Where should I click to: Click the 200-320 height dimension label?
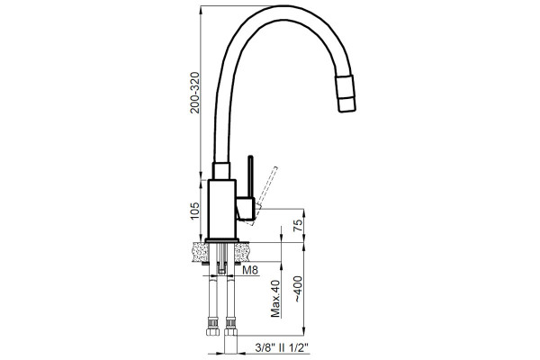pyautogui.click(x=195, y=93)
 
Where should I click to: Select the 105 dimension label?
pyautogui.click(x=195, y=211)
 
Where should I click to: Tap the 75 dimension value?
pyautogui.click(x=298, y=225)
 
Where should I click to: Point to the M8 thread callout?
pyautogui.click(x=250, y=270)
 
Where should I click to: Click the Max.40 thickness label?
pyautogui.click(x=275, y=298)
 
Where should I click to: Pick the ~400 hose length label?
pyautogui.click(x=298, y=290)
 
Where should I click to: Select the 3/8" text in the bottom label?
pyautogui.click(x=265, y=348)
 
